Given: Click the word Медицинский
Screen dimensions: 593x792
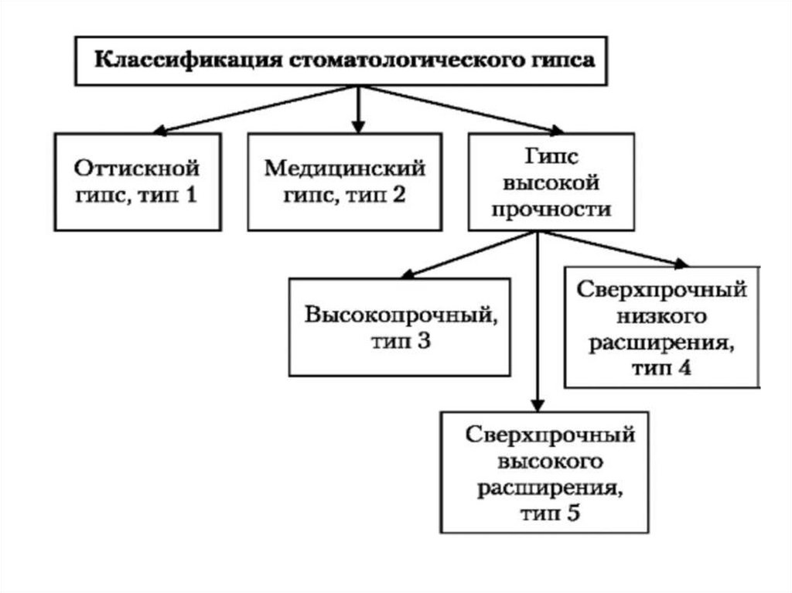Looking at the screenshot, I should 345,168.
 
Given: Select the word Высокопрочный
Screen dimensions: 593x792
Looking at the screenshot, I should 399,316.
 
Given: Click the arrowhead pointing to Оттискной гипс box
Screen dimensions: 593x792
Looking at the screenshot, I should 160,130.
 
